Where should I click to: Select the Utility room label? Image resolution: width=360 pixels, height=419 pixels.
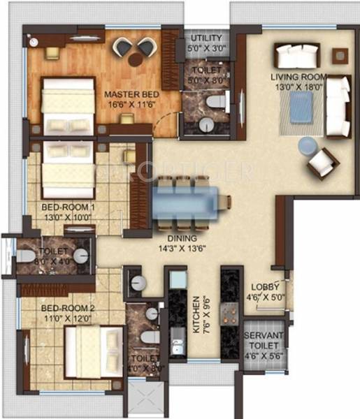pyautogui.click(x=204, y=38)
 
